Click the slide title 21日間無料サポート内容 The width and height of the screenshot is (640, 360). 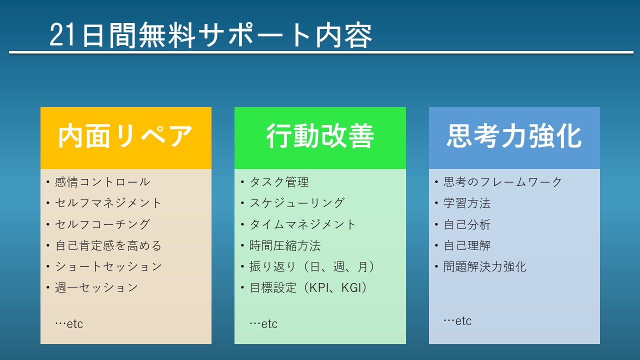point(211,35)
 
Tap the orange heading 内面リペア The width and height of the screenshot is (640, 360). point(125,136)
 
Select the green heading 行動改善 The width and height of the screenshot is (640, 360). point(320,136)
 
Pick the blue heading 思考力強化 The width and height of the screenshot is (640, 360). point(514,136)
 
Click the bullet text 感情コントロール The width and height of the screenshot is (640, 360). point(102,182)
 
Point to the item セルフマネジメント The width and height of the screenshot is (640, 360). point(108,203)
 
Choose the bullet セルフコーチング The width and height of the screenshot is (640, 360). point(102,224)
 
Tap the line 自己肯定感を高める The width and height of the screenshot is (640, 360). point(108,245)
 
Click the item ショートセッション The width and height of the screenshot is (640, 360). point(108,266)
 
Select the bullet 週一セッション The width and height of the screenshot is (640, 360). point(96,287)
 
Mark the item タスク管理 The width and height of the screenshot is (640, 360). point(279,182)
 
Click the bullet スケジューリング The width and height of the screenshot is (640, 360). point(297,203)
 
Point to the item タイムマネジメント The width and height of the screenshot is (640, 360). point(302,224)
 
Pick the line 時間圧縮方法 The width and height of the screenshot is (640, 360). point(285,245)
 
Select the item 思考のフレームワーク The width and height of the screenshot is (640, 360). point(503,182)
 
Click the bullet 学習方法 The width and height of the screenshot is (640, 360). point(467,203)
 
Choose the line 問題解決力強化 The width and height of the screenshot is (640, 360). point(485,266)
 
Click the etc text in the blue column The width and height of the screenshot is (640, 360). point(463,321)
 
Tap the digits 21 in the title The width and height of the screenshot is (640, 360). point(62,35)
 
